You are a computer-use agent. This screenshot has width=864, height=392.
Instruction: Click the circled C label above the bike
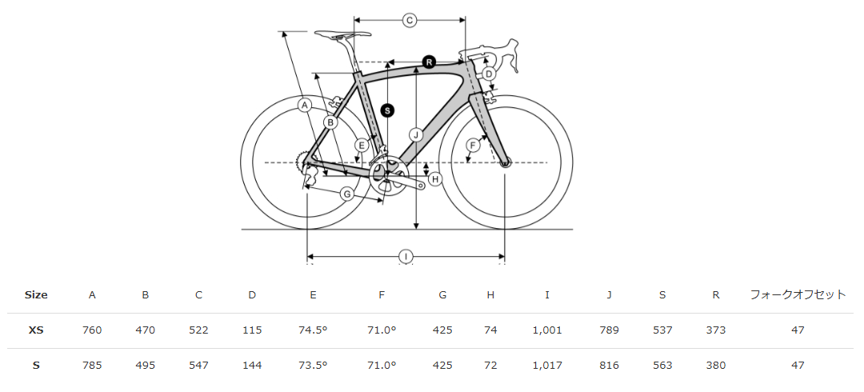410,20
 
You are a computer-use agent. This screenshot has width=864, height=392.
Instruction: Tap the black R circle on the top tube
430,62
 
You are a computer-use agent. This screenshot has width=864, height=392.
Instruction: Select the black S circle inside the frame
388,110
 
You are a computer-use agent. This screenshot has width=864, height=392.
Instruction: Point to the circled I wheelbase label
406,256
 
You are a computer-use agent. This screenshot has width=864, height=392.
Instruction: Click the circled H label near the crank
435,178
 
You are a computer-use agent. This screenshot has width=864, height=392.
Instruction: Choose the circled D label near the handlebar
489,74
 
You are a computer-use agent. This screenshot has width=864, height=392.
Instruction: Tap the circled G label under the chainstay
346,194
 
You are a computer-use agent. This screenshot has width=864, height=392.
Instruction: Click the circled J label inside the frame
417,134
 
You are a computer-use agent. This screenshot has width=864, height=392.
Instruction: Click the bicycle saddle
342,34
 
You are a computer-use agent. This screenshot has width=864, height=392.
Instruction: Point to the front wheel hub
506,162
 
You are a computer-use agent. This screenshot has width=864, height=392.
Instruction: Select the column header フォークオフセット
798,295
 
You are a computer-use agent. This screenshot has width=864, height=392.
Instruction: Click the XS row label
36,330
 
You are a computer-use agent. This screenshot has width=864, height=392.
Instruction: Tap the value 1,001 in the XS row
547,330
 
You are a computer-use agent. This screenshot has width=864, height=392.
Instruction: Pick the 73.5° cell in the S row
313,365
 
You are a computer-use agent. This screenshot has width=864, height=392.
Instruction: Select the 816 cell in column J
609,365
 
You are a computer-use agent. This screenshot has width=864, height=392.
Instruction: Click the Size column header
36,295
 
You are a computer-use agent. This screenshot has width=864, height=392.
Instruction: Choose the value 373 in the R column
716,330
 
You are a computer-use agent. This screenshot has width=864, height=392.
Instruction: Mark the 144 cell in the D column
252,365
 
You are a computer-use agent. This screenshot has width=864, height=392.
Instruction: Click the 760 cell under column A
92,330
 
